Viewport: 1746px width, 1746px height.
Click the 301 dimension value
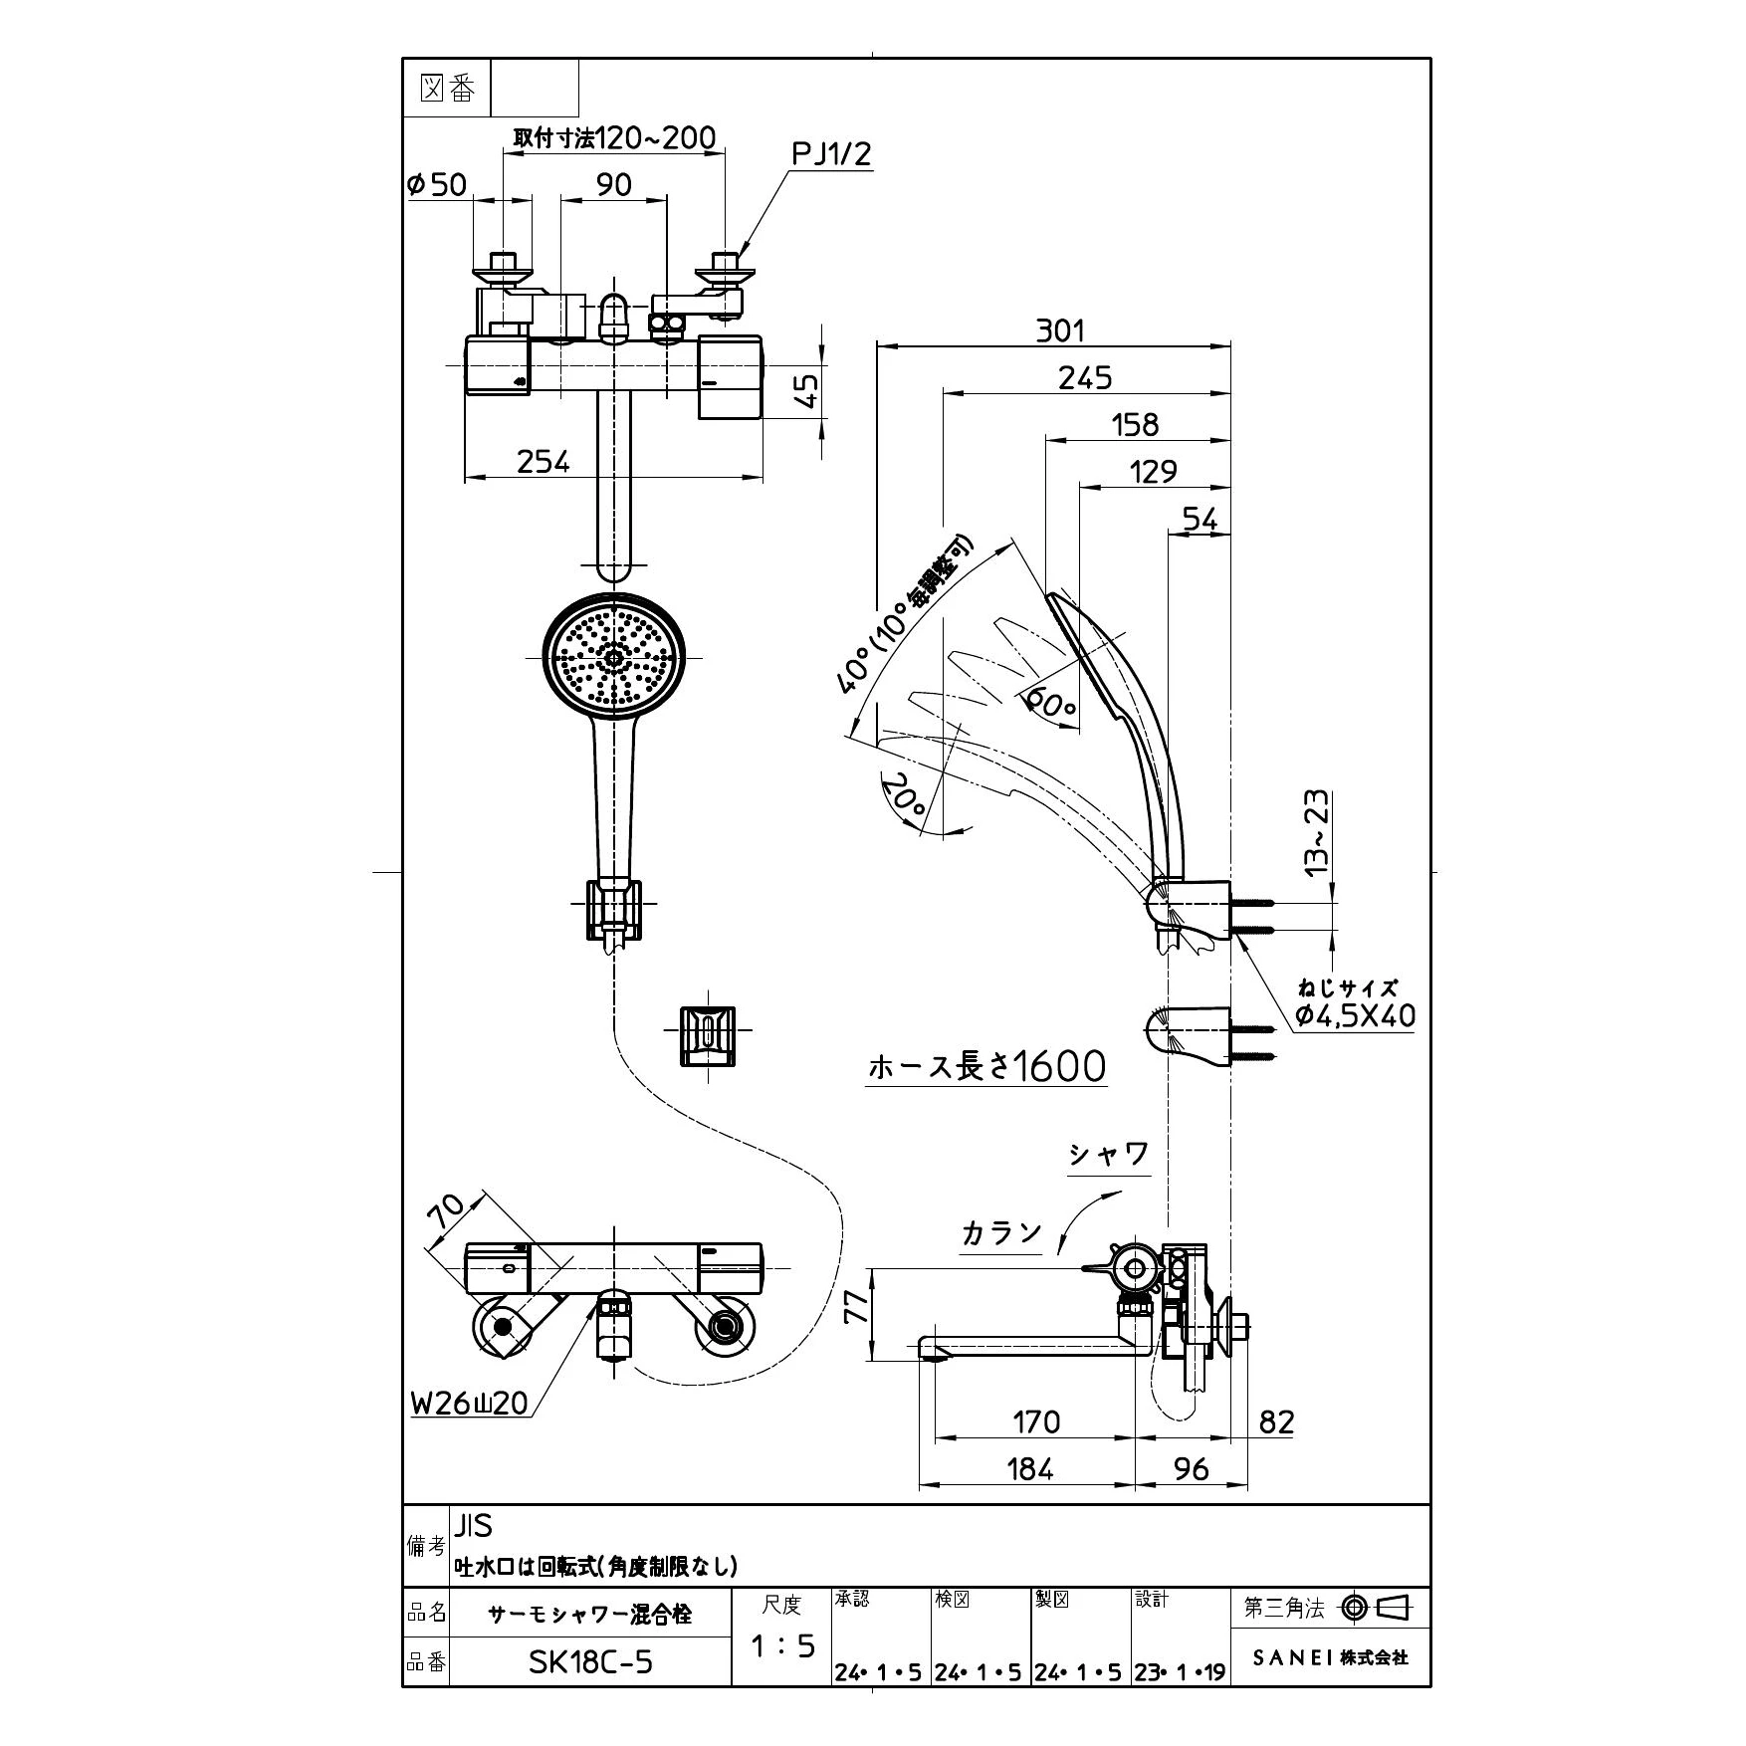point(1060,329)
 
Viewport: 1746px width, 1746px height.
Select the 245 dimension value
point(1085,377)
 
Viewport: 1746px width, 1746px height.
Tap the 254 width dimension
point(544,461)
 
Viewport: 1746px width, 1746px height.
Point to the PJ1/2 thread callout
point(831,154)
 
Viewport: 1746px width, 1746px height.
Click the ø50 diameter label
point(436,184)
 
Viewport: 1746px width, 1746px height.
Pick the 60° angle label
point(1051,703)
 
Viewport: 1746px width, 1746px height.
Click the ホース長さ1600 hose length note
point(986,1067)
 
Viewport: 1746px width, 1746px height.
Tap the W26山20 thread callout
point(470,1404)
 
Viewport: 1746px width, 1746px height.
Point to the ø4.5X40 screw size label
point(1355,1016)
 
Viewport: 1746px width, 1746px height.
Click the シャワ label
point(1109,1155)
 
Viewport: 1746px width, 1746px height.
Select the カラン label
point(1001,1233)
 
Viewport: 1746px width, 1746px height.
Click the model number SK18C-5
point(591,1661)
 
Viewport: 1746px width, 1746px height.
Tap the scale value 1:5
point(782,1646)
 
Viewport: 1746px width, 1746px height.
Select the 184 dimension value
point(1029,1468)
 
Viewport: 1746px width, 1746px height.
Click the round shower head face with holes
point(613,658)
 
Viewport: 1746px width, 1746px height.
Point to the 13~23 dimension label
point(1316,832)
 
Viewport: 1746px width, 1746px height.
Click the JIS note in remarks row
point(474,1525)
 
